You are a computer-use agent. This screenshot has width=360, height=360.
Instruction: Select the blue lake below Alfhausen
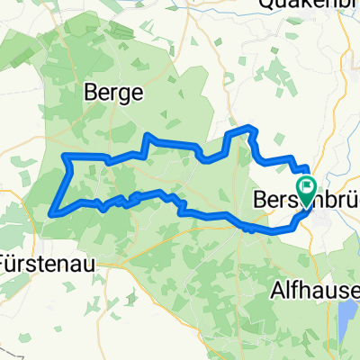347,316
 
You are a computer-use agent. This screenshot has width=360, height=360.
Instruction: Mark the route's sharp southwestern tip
52,212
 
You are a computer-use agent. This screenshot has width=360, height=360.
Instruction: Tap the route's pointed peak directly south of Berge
148,135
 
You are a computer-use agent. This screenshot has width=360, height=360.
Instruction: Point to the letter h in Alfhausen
304,291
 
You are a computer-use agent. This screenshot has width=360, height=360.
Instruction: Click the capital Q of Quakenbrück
266,5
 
